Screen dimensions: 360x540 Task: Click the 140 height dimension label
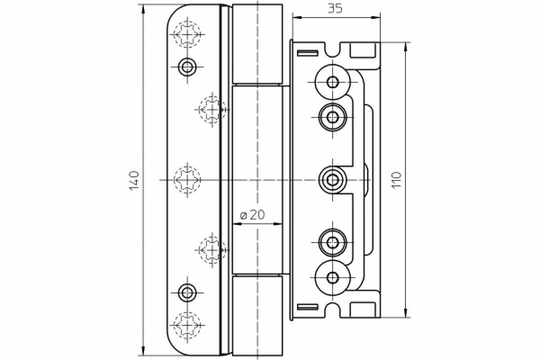tap(135, 180)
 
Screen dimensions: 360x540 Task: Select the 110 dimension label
tap(396, 180)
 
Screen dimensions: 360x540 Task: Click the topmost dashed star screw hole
tap(188, 34)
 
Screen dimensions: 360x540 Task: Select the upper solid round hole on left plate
tap(187, 67)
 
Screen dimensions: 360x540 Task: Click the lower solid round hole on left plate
tap(187, 292)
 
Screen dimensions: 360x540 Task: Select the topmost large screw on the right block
tap(333, 82)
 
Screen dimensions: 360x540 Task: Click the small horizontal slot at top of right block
tap(307, 53)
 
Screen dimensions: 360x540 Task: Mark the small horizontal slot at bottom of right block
tap(307, 307)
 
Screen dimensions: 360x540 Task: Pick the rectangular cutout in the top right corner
tap(363, 50)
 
